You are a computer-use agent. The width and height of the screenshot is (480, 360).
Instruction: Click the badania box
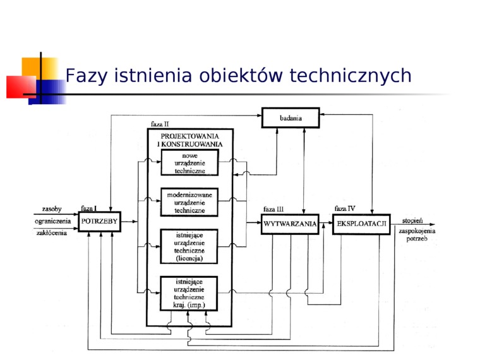pyautogui.click(x=291, y=117)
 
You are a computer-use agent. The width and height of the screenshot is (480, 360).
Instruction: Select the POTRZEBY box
pyautogui.click(x=100, y=221)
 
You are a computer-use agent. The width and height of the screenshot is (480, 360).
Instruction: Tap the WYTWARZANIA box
pyautogui.click(x=290, y=224)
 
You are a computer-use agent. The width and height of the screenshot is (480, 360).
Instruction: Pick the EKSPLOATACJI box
pyautogui.click(x=361, y=224)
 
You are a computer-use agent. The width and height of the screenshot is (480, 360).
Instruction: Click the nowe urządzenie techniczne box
pyautogui.click(x=189, y=162)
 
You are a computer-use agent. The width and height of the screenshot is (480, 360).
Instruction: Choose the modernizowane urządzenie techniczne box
pyautogui.click(x=189, y=202)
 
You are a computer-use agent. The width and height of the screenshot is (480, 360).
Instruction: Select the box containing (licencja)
pyautogui.click(x=189, y=246)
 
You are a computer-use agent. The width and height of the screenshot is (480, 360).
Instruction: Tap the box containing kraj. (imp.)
pyautogui.click(x=189, y=294)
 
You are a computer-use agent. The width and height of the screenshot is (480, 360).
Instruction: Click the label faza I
pyautogui.click(x=88, y=208)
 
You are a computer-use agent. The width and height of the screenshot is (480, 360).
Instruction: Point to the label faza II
pyautogui.click(x=160, y=124)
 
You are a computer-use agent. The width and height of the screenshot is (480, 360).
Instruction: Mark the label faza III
pyautogui.click(x=273, y=209)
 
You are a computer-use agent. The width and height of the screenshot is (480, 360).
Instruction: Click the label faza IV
pyautogui.click(x=345, y=208)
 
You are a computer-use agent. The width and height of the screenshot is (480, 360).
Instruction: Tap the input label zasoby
pyautogui.click(x=52, y=209)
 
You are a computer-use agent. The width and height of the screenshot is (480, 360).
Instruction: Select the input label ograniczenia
pyautogui.click(x=52, y=221)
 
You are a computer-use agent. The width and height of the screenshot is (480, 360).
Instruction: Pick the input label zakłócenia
pyautogui.click(x=51, y=233)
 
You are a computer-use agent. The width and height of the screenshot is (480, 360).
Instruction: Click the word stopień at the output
pyautogui.click(x=412, y=220)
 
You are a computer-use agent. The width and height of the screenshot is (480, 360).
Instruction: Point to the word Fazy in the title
pyautogui.click(x=86, y=76)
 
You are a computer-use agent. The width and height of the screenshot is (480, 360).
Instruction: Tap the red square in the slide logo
pyautogui.click(x=21, y=87)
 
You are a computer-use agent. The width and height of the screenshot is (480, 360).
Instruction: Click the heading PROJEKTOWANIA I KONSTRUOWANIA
pyautogui.click(x=190, y=140)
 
